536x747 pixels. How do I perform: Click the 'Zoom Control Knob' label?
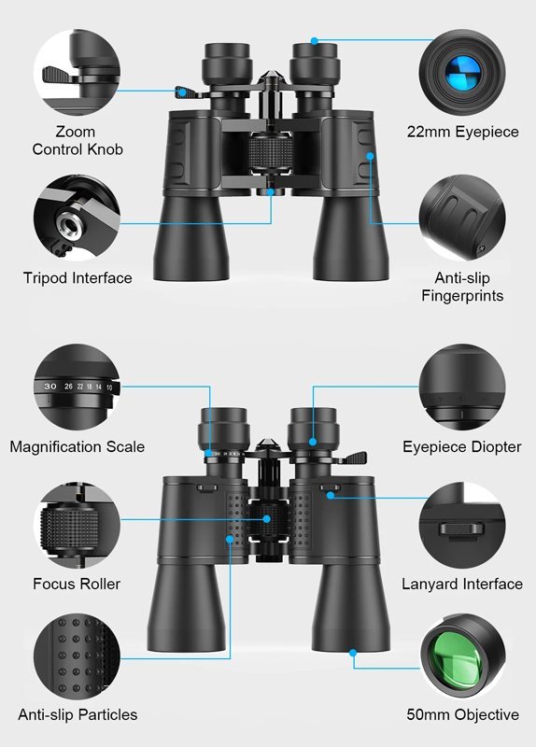[x=77, y=140]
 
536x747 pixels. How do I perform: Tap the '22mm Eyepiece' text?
[x=462, y=132]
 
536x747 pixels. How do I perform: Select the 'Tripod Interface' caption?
[x=78, y=277]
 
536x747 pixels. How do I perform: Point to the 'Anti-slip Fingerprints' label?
[x=462, y=287]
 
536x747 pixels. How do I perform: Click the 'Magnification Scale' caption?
[x=78, y=446]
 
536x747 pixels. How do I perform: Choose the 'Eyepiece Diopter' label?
[x=462, y=446]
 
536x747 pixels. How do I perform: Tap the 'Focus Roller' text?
[x=77, y=584]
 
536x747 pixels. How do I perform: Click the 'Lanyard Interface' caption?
[x=462, y=584]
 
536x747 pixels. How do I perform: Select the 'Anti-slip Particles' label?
[x=78, y=714]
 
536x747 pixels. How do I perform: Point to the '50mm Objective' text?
[x=462, y=714]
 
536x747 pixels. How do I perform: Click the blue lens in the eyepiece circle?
[x=462, y=72]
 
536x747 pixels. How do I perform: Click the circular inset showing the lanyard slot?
[x=462, y=529]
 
